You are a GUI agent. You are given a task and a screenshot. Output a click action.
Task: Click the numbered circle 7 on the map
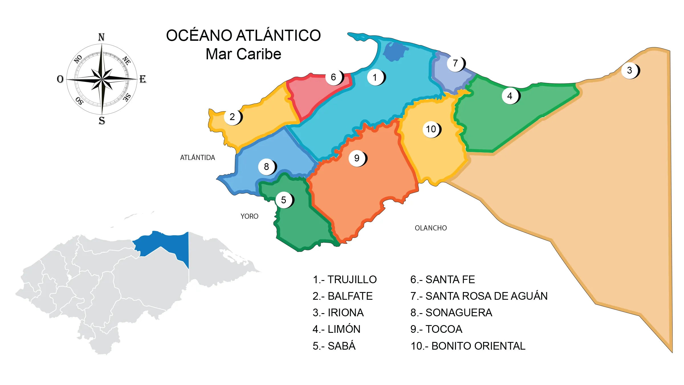point(455,63)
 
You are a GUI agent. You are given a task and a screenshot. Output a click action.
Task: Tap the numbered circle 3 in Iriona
point(630,70)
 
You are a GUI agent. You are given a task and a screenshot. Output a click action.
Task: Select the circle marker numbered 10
point(431,129)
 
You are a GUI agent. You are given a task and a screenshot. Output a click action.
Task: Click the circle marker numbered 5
point(284,200)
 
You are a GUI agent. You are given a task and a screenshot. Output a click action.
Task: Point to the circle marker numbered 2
point(232,117)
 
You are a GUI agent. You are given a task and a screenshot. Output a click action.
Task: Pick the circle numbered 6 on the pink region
point(333,77)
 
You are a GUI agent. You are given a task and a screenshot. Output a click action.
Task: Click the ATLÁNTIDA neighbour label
point(198,157)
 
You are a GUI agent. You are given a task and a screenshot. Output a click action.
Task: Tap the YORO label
point(249,216)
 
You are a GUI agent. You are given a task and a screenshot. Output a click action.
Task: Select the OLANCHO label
point(431,228)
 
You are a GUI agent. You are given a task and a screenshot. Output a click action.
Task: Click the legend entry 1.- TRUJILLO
point(345,279)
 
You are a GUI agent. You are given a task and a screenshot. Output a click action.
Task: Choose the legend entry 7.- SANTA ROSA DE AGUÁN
point(479,296)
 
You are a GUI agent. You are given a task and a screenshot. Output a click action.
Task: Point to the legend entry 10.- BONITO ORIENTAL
point(468,346)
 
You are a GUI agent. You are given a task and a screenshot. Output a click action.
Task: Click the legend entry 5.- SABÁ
point(334,346)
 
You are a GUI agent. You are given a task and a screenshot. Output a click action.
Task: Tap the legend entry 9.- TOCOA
point(436,329)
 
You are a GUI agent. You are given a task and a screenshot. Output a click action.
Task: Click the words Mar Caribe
point(243,54)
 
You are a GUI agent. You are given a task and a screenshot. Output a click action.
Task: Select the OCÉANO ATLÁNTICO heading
point(243,35)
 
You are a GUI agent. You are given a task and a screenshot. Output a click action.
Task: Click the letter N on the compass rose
point(101,37)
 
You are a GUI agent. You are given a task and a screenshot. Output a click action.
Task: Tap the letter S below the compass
point(102,121)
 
